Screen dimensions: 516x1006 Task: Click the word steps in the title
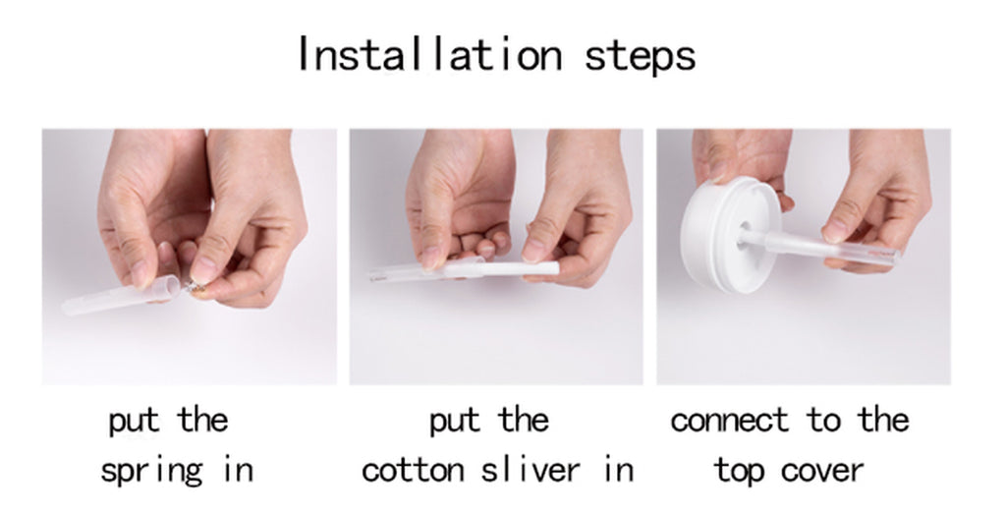(x=641, y=56)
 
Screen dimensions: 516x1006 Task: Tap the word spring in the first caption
(x=152, y=470)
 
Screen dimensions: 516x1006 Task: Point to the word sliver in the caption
(x=541, y=469)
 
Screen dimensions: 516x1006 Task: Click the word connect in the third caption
(x=730, y=421)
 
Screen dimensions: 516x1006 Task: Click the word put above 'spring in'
(x=133, y=421)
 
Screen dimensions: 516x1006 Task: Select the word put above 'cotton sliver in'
(x=453, y=421)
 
